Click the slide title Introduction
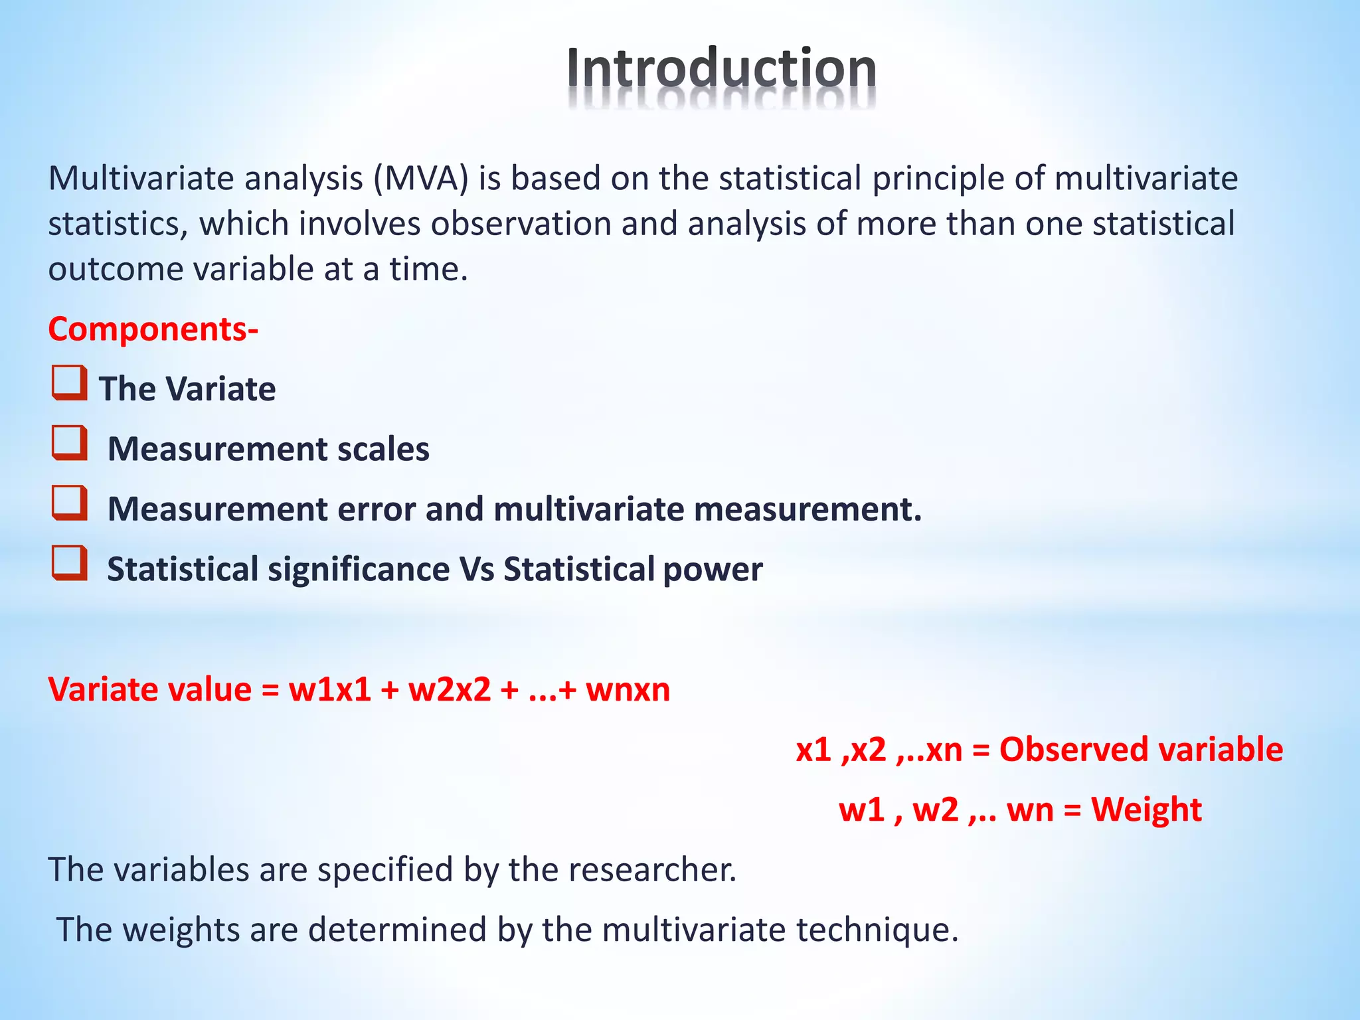[x=721, y=68]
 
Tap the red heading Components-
[x=153, y=329]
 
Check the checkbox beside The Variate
[x=69, y=383]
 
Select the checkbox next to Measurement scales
[x=69, y=443]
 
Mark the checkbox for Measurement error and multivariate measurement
[x=69, y=503]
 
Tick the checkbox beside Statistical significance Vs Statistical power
[x=69, y=563]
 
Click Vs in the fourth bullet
[x=476, y=569]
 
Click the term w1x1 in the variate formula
[x=329, y=689]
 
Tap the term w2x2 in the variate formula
[x=449, y=689]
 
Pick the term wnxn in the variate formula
[x=627, y=689]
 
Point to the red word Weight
[x=1146, y=809]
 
